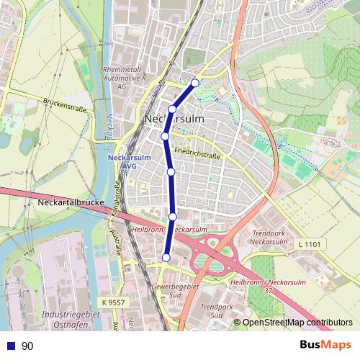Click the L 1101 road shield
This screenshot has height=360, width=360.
point(311,245)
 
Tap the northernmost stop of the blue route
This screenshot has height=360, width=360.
point(194,83)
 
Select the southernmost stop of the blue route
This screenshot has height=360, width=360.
point(166,258)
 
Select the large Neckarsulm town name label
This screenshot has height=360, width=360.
point(175,118)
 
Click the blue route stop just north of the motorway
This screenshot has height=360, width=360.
point(173,217)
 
